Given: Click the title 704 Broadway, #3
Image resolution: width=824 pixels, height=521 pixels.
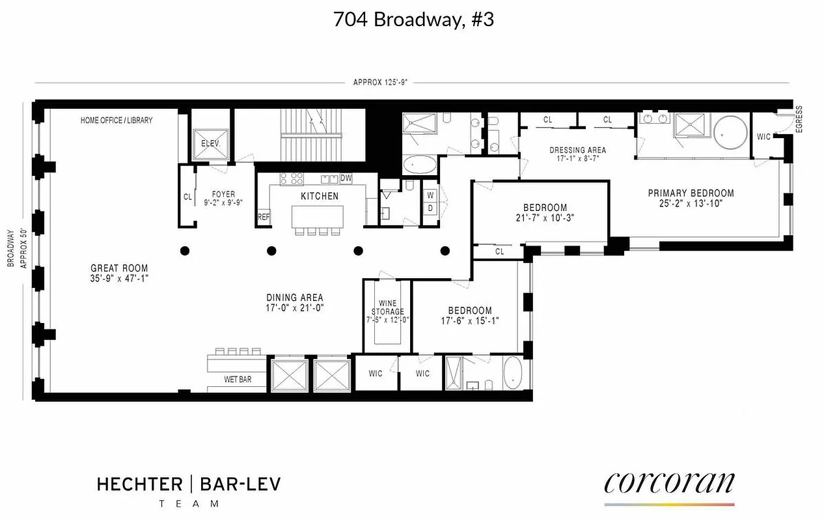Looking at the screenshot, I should coord(413,20).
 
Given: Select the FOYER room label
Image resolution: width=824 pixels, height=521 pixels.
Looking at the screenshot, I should coord(224,194).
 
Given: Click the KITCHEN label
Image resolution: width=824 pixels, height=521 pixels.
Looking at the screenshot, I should coord(319,196).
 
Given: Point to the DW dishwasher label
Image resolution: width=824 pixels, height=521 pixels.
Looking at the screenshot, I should coord(346,177).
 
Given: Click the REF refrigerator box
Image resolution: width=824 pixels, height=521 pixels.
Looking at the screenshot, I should coord(264,218).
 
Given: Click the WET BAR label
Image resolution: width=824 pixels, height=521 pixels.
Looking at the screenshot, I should coord(238,379).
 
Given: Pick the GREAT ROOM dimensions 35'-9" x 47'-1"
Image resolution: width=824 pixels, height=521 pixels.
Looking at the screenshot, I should coord(119,279).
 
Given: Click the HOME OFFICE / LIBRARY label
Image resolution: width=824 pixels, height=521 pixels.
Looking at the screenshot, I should coord(117,120).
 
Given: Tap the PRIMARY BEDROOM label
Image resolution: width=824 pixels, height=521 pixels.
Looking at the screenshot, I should coord(691,193).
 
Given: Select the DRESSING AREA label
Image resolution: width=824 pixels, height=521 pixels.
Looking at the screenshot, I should coord(577,150).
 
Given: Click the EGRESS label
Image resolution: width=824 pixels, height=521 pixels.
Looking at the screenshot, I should coord(799,119).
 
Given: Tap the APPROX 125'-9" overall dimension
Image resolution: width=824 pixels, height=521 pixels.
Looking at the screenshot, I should coord(379,83).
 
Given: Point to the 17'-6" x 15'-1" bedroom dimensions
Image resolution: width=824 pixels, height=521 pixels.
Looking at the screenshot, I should coord(469,321).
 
